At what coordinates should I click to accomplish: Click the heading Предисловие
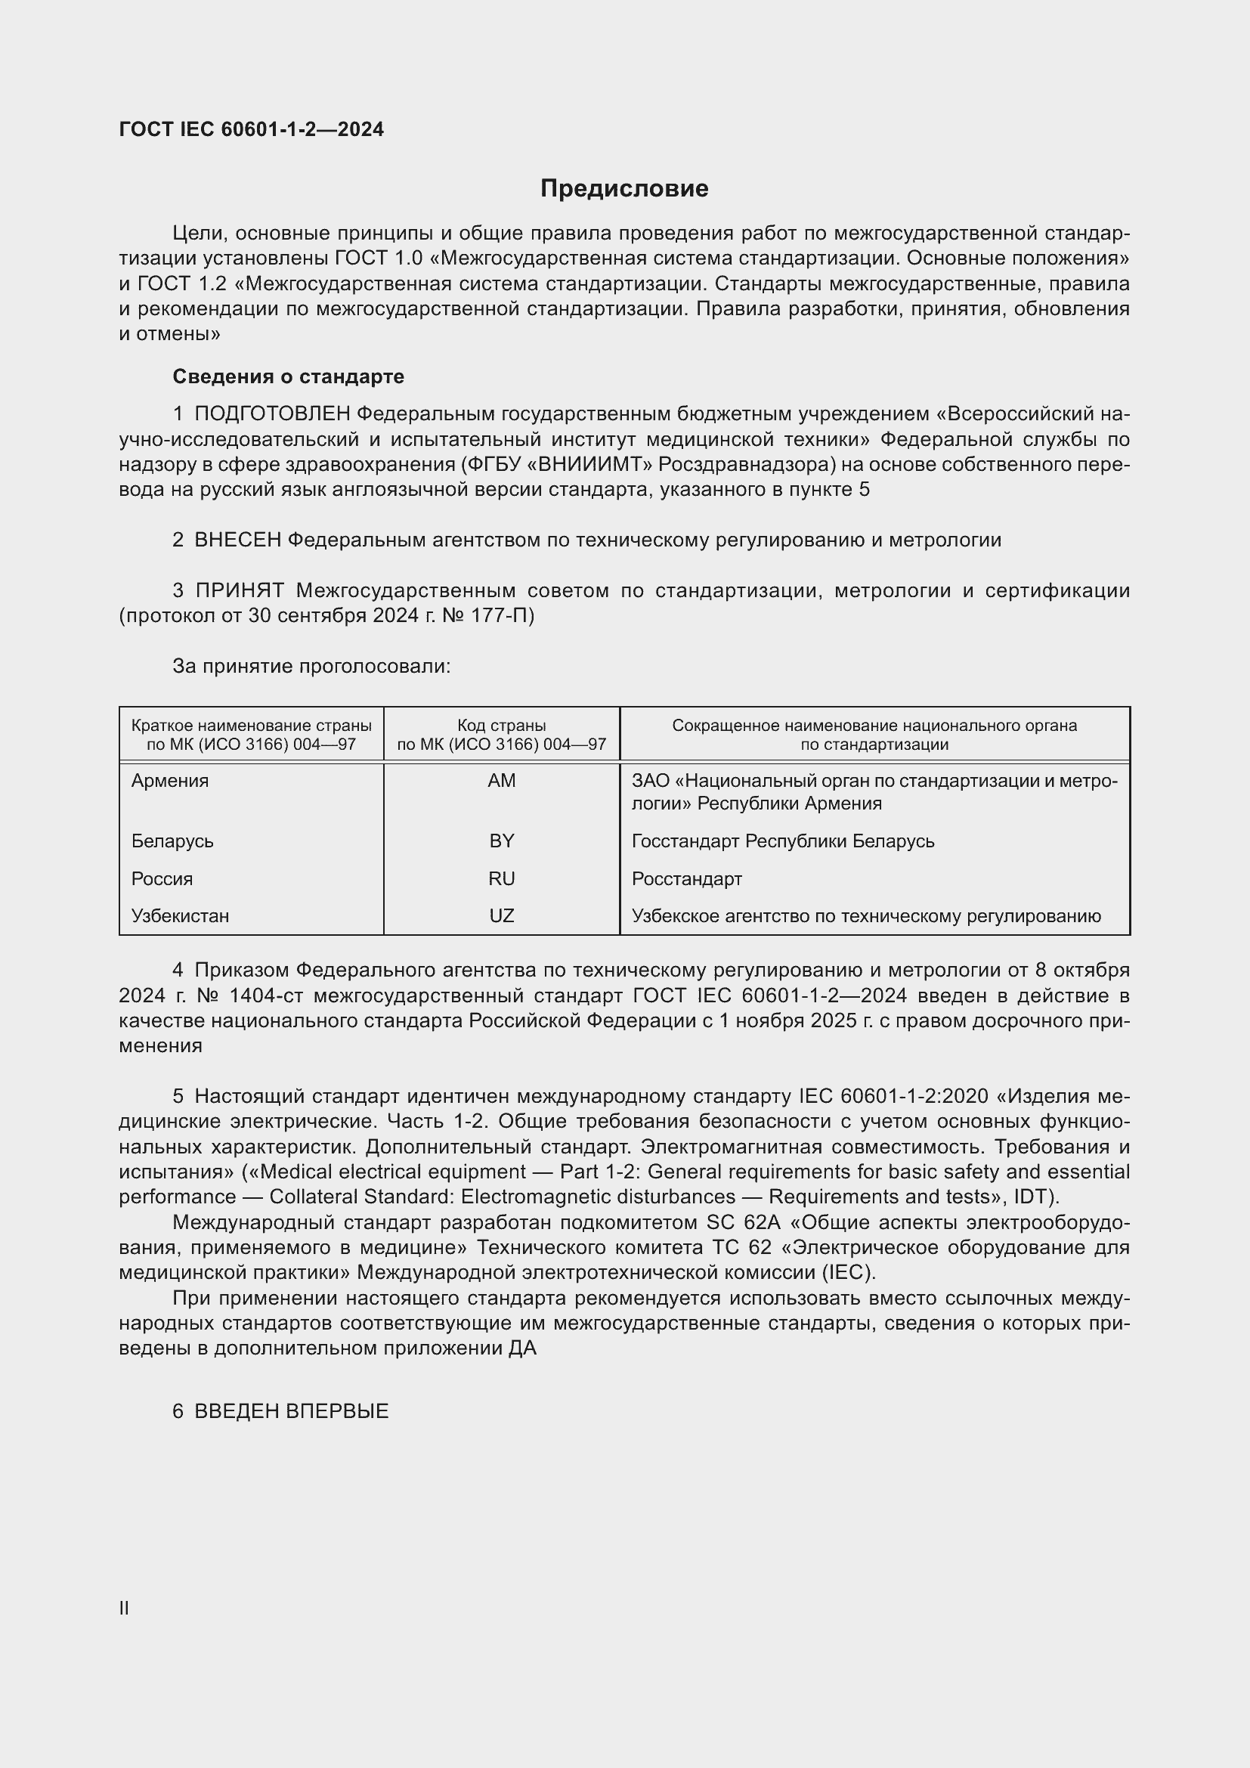point(624,189)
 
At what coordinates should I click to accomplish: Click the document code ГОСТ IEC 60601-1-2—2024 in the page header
point(251,129)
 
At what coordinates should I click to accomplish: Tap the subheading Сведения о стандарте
point(288,376)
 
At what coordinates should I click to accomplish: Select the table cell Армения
point(170,781)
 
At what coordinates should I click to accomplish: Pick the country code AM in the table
point(501,781)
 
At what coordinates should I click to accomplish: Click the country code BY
point(501,841)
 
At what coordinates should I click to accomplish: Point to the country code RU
point(501,878)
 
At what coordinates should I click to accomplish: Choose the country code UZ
point(501,915)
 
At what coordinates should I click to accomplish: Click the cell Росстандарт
point(686,878)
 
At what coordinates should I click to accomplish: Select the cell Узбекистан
point(180,915)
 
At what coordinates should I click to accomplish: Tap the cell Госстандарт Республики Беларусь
point(783,841)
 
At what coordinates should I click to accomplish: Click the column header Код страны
point(501,726)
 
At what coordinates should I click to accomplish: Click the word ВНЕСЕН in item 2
point(238,540)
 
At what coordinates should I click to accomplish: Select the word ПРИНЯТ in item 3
point(240,590)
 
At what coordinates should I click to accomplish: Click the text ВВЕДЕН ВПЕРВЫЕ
point(291,1411)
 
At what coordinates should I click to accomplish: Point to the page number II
point(124,1609)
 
